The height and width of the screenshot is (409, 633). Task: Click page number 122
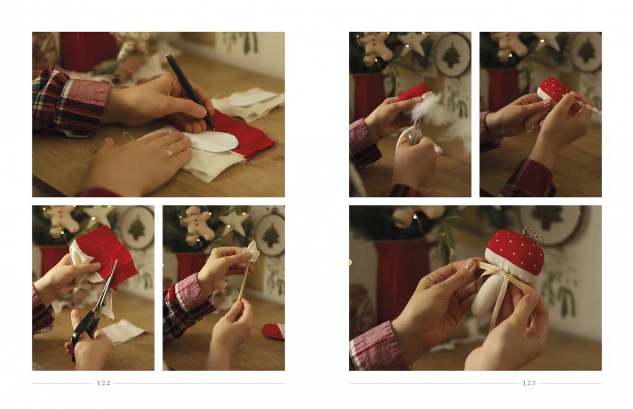tap(104, 383)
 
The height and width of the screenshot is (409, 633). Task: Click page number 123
tap(529, 383)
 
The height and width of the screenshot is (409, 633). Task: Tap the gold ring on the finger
tap(169, 152)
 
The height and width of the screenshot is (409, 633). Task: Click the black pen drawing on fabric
tap(189, 90)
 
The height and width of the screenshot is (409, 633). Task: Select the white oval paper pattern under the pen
tap(211, 141)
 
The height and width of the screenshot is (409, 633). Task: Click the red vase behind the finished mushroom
tap(401, 282)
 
